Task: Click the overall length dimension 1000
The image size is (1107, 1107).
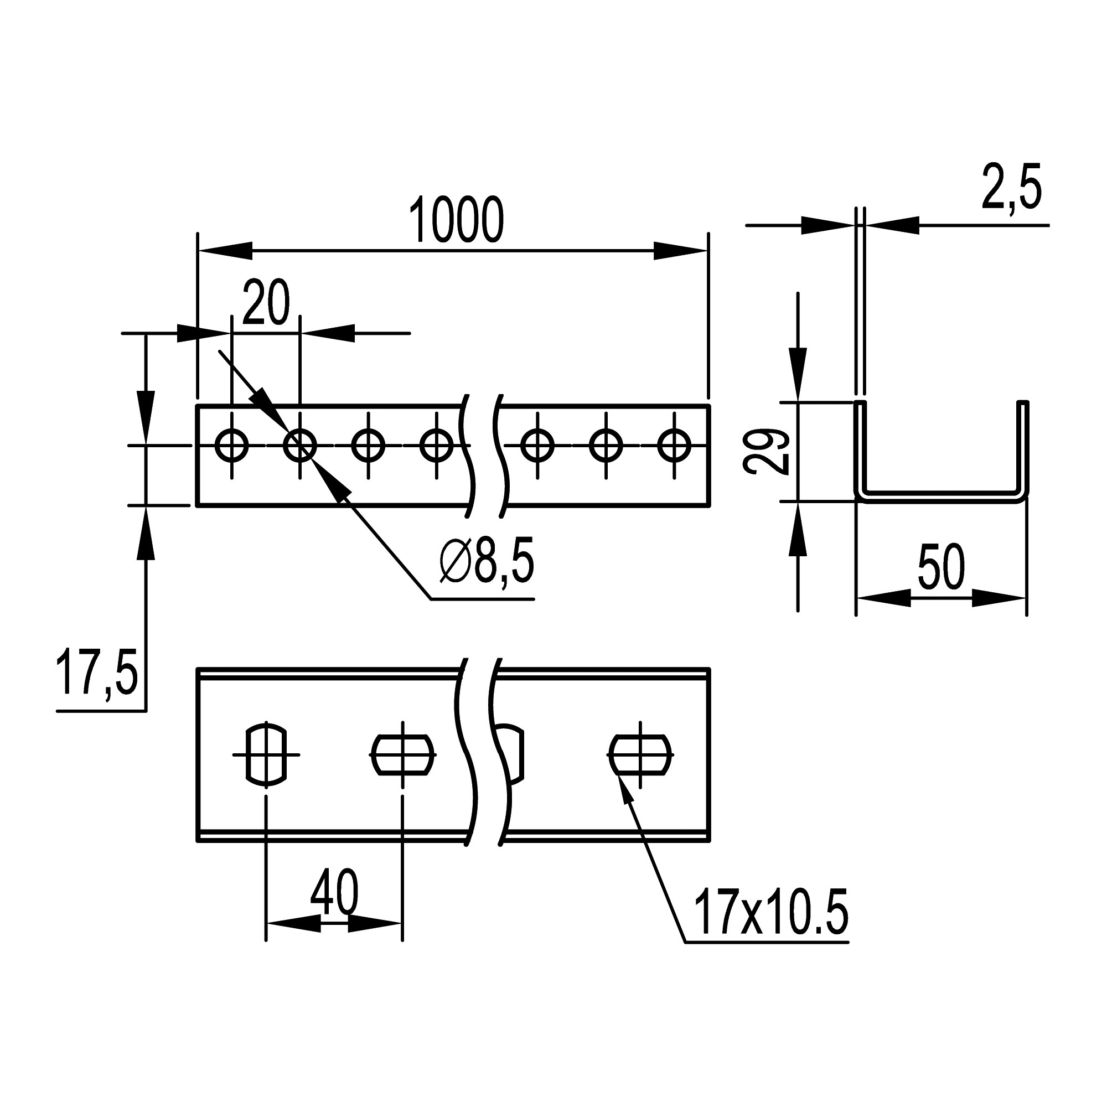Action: point(456,221)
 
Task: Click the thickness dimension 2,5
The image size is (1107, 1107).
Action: point(1011,188)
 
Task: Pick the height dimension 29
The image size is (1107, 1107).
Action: point(767,452)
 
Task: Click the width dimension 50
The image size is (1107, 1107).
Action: point(941,567)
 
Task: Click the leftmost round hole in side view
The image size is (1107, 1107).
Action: point(231,445)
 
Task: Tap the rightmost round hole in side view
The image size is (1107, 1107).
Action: point(674,445)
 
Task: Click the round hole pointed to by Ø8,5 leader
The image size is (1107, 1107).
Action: point(299,445)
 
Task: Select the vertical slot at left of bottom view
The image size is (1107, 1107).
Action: point(266,754)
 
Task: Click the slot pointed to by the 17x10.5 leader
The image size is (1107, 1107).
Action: point(640,754)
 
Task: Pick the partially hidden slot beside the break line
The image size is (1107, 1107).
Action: point(513,754)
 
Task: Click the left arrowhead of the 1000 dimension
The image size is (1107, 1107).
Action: point(224,250)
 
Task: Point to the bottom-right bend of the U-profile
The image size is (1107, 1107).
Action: point(1022,496)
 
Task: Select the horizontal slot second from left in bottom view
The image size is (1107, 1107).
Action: point(403,754)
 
